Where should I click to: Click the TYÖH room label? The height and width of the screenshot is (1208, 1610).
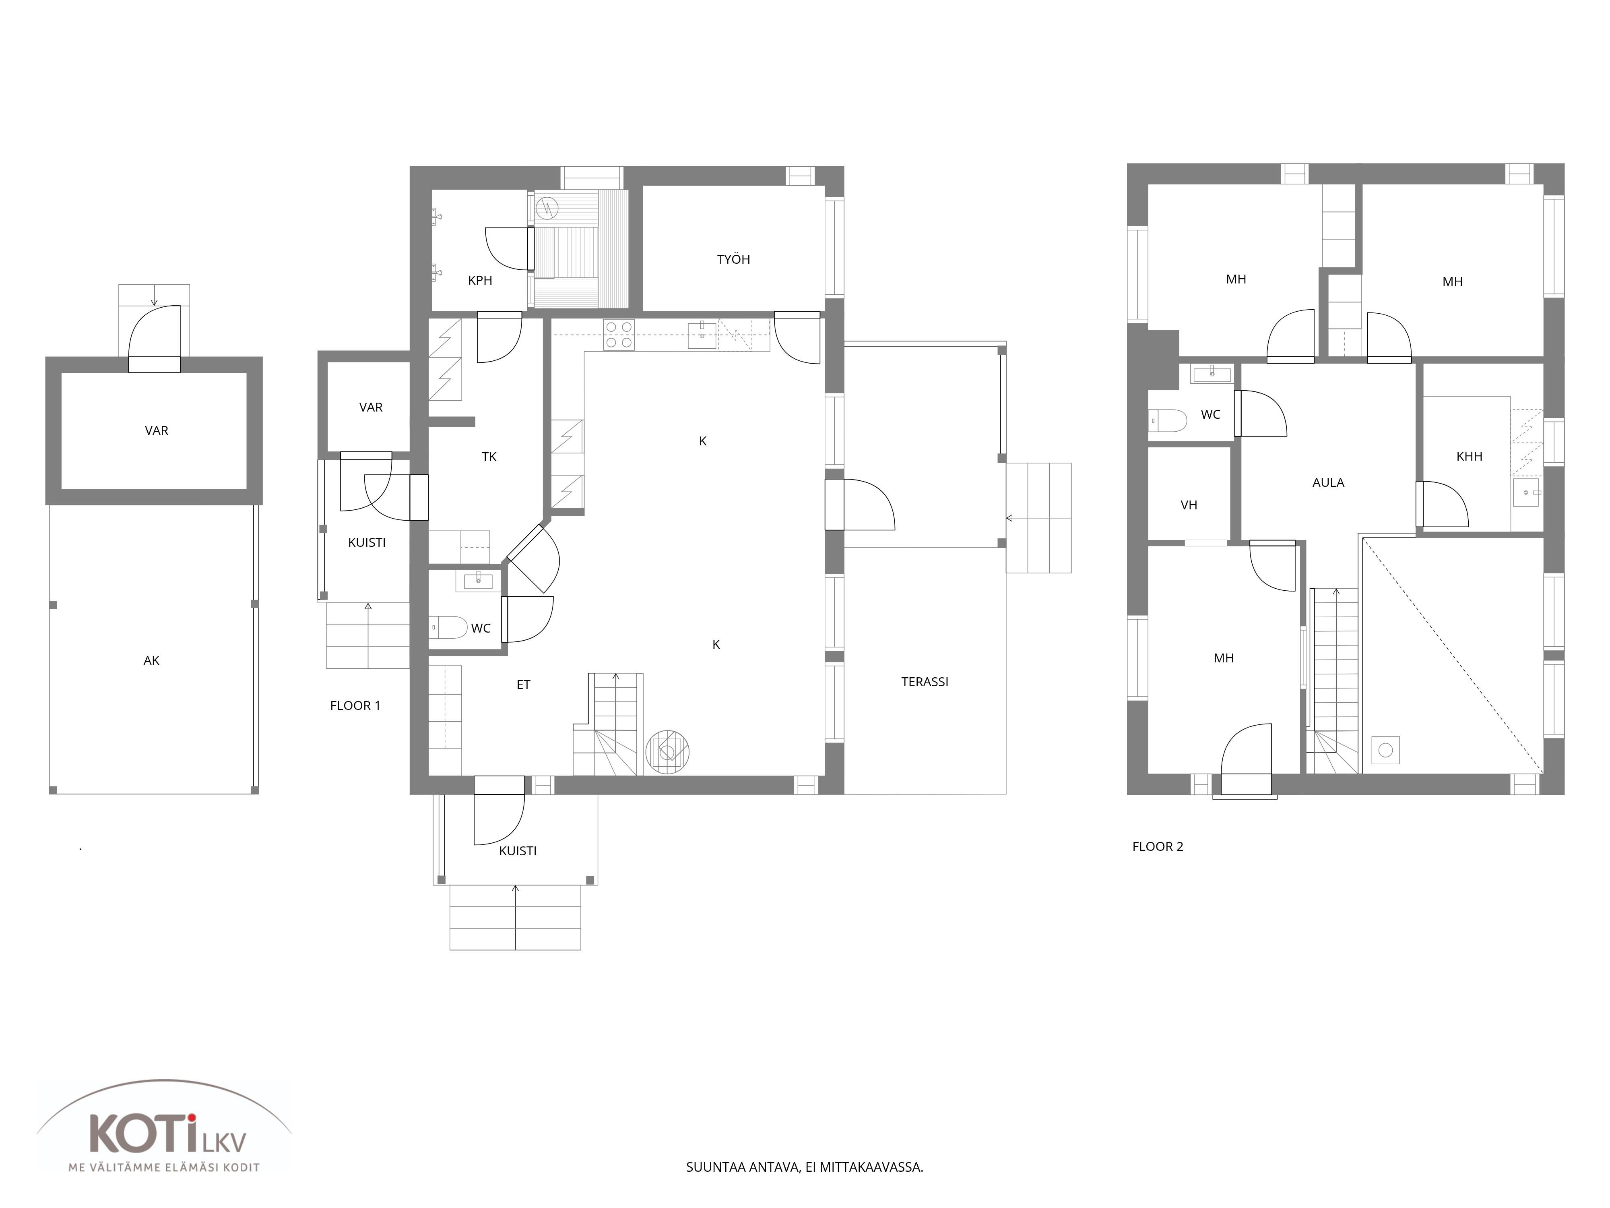point(733,259)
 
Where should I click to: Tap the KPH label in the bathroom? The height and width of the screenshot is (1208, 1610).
point(480,280)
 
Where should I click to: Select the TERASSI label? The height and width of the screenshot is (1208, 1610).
point(925,682)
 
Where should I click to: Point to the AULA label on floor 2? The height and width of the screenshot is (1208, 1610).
point(1327,482)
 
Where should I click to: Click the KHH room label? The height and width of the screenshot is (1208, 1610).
point(1469,457)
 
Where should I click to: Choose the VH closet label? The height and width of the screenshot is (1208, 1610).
point(1189,505)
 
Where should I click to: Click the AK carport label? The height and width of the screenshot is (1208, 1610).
point(151,660)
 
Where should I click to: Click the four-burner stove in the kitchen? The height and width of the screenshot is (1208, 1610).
point(619,335)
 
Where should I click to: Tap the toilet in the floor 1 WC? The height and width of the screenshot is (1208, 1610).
point(448,627)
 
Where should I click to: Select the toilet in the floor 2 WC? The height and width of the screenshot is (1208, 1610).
point(1168,420)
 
